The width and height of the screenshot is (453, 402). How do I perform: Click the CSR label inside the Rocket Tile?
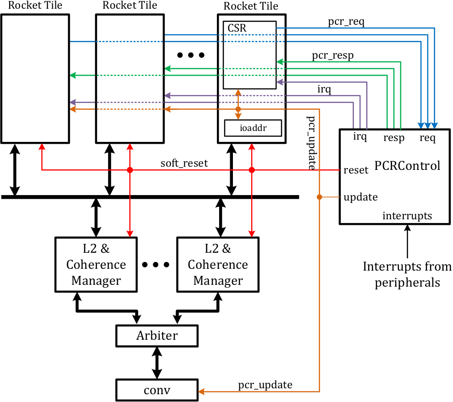(237, 28)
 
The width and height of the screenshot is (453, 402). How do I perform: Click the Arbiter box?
(157, 336)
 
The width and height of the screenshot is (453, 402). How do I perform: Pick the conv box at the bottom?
(157, 390)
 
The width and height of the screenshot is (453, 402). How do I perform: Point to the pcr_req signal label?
(346, 21)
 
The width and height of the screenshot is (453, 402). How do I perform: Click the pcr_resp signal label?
(333, 55)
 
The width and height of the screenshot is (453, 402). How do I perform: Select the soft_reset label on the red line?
(184, 163)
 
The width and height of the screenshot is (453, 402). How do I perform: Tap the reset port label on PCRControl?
(356, 170)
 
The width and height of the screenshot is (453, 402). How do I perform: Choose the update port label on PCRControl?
(360, 197)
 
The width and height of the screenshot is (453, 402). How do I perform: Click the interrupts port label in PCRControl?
(407, 216)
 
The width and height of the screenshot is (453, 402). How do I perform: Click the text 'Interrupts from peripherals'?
(407, 274)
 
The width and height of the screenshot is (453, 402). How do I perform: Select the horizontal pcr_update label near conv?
(265, 385)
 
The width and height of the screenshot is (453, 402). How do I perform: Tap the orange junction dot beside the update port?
(320, 197)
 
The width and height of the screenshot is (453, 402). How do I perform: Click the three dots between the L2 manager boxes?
(156, 265)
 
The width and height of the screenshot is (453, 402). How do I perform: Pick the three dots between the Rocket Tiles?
(190, 55)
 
